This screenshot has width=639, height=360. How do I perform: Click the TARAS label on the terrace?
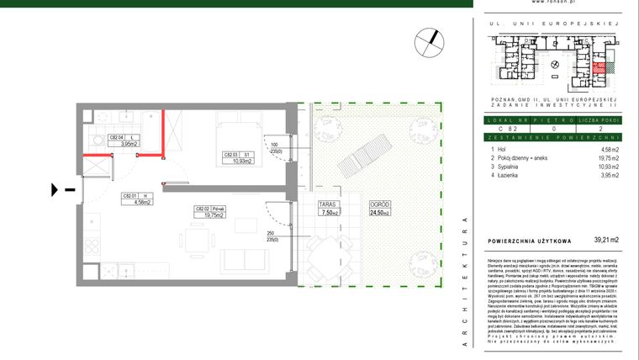pyautogui.click(x=329, y=204)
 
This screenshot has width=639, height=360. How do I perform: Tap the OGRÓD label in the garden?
pyautogui.click(x=378, y=204)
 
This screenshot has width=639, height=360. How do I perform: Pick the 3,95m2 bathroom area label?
pyautogui.click(x=129, y=144)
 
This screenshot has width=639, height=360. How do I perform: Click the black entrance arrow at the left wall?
pyautogui.click(x=56, y=190)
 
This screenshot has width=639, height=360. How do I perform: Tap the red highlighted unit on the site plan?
pyautogui.click(x=598, y=71)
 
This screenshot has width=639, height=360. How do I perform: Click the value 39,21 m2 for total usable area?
pyautogui.click(x=605, y=240)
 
